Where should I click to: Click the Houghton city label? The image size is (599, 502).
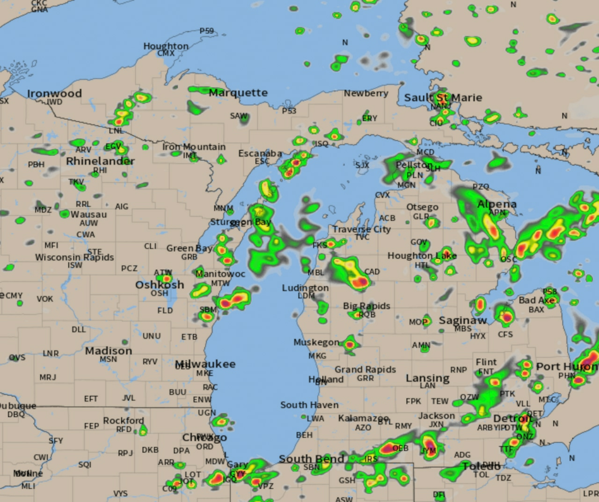tap(166, 46)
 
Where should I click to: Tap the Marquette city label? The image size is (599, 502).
tap(238, 93)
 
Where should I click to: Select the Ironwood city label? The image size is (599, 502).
tap(54, 94)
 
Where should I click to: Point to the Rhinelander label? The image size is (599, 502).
tap(100, 161)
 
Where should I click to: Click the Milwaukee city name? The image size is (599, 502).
tap(205, 364)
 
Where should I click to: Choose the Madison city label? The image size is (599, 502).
tap(109, 350)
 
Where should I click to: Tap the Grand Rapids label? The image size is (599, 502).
tap(365, 370)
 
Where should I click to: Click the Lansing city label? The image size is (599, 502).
tap(427, 378)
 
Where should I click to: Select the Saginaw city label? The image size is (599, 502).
tap(462, 320)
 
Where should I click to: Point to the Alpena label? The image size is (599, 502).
tap(497, 204)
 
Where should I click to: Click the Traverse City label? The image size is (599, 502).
tap(361, 229)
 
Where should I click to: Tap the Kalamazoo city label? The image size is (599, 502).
tap(363, 418)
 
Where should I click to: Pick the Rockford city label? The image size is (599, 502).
tap(123, 421)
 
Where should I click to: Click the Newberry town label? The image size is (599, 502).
tap(366, 93)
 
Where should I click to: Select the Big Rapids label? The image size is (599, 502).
tap(366, 306)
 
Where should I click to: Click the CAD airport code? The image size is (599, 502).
tap(372, 272)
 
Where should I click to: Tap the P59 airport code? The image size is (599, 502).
tap(206, 31)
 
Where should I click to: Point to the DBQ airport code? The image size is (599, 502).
tap(16, 414)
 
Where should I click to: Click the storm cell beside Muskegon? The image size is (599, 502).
tap(350, 345)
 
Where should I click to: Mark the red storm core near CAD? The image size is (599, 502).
tap(359, 282)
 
